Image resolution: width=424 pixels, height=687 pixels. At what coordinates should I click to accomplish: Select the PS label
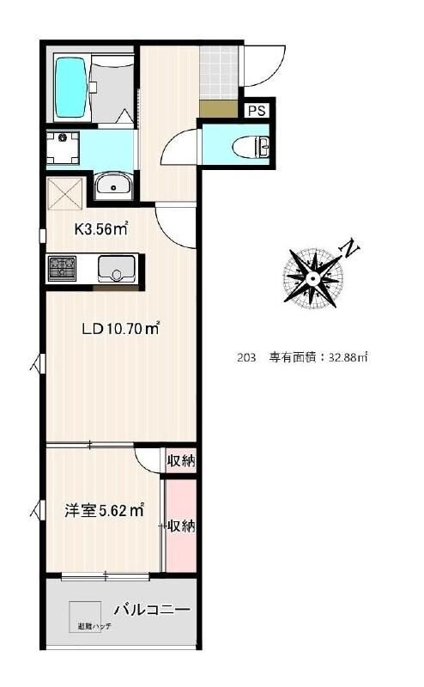click(x=257, y=110)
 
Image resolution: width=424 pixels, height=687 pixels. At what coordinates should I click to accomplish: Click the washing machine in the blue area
click(x=63, y=147)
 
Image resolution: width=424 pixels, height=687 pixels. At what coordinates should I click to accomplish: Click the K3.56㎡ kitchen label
click(x=101, y=228)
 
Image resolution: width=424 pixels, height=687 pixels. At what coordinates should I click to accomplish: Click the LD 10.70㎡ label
click(x=120, y=328)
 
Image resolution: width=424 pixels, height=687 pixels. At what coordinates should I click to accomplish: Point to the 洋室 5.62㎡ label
click(x=104, y=511)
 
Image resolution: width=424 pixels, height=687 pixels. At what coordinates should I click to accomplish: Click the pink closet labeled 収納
click(x=180, y=526)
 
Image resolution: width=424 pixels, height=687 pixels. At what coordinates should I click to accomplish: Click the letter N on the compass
click(x=350, y=249)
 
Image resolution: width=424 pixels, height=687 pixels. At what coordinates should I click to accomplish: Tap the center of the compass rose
click(x=313, y=277)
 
